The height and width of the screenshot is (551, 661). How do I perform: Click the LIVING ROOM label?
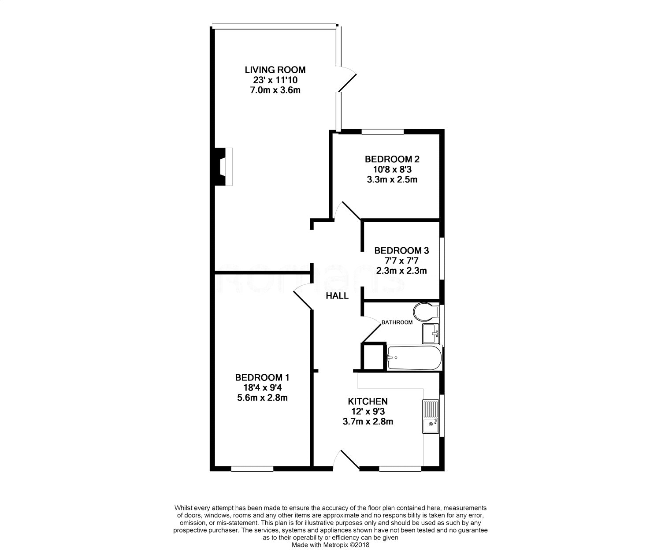(275, 70)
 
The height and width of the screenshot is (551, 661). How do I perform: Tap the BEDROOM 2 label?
(392, 159)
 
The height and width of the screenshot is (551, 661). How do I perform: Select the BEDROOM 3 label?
(401, 250)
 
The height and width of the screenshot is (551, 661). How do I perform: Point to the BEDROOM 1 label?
(262, 377)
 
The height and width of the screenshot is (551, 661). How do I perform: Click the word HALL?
(337, 296)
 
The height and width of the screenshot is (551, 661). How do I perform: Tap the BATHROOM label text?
(397, 322)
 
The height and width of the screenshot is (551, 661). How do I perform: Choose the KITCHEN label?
(368, 402)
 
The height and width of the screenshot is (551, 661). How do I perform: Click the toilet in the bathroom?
(426, 312)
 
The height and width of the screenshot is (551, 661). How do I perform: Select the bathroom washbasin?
(431, 333)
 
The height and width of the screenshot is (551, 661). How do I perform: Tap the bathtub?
(414, 358)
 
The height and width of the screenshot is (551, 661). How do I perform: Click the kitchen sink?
(431, 417)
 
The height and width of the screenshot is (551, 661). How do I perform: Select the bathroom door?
(371, 329)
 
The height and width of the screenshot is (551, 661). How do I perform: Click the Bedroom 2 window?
(383, 132)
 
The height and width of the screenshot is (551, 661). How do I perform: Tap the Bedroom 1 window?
(252, 469)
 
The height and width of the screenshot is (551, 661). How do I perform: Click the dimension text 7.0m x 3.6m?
(275, 90)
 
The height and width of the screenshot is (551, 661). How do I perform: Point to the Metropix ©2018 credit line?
(330, 545)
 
